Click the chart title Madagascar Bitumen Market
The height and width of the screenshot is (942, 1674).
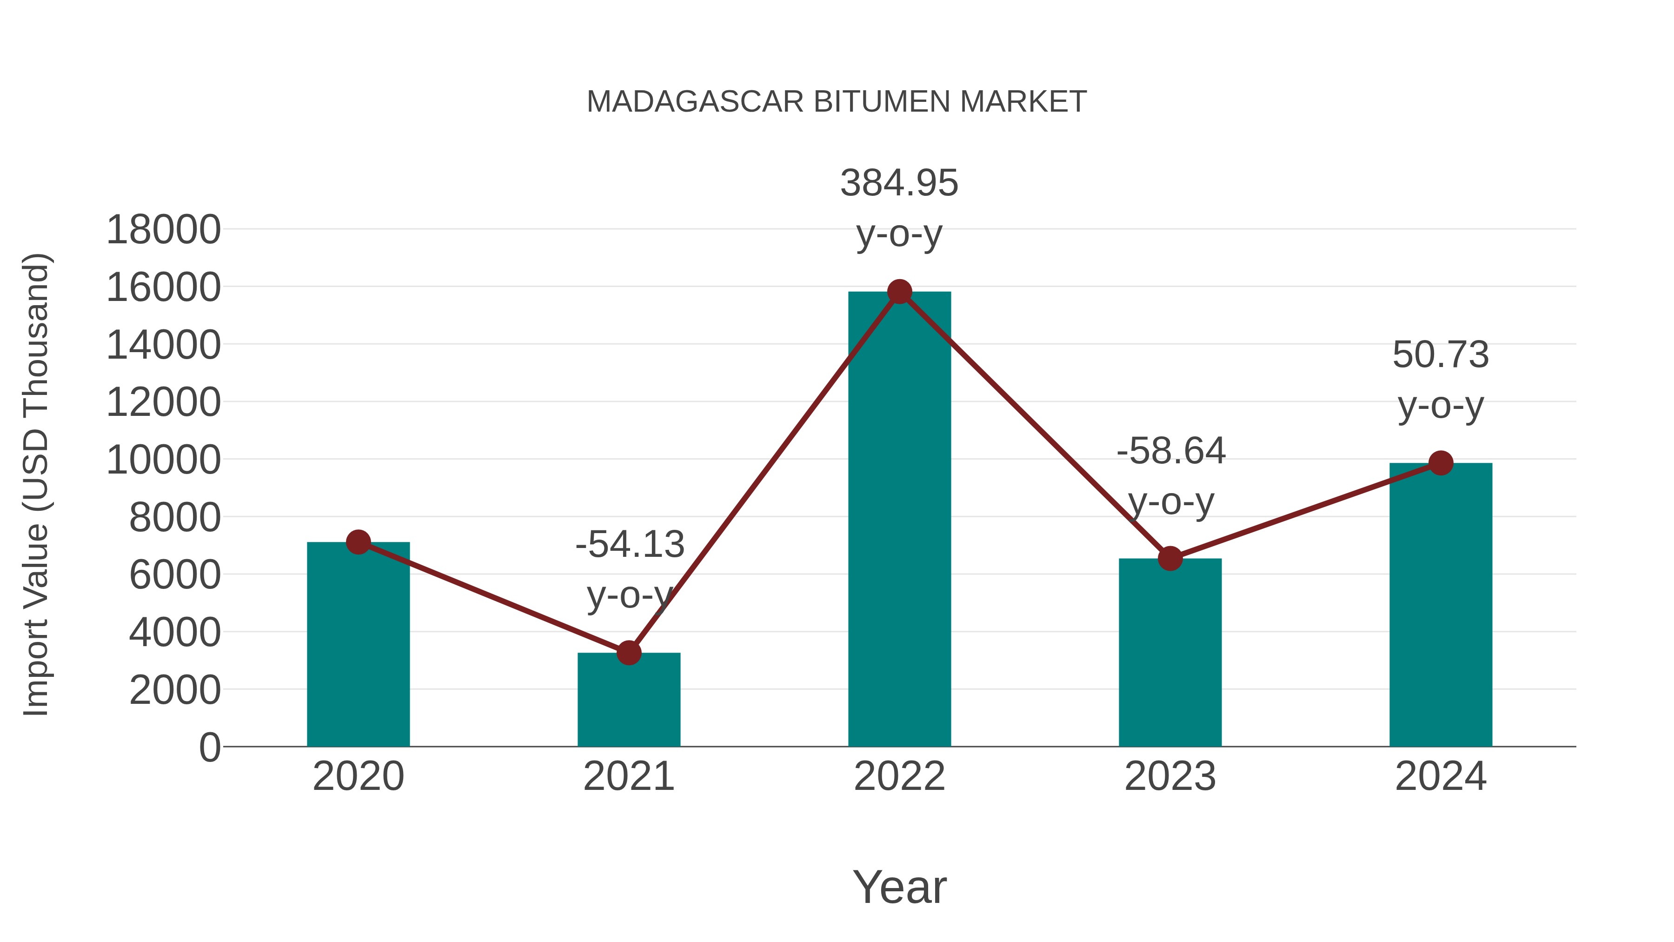[837, 102]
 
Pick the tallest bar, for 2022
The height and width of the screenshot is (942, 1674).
[899, 520]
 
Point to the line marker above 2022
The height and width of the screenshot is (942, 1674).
[899, 292]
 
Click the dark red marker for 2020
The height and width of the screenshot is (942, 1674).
[358, 541]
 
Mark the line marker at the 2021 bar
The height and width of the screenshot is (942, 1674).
[628, 653]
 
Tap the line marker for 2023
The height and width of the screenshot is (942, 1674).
[1170, 558]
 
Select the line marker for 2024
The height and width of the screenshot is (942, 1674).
[1441, 463]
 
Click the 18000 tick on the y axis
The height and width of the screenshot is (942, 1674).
[163, 230]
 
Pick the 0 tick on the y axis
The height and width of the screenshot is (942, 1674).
[209, 748]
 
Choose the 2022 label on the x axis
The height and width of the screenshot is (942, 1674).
[899, 776]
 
